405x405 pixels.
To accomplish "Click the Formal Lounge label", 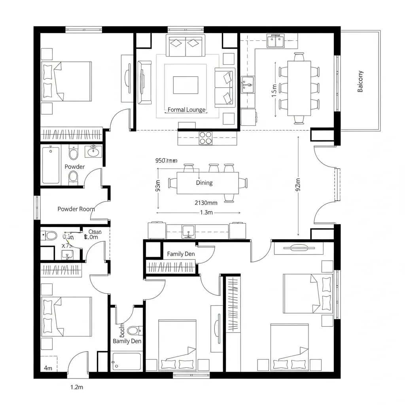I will click(x=187, y=110).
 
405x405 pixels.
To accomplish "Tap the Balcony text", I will click(x=360, y=81).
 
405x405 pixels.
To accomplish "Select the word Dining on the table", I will click(x=204, y=183).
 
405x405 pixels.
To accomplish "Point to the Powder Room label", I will click(x=76, y=209).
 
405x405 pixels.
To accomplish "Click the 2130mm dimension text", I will click(x=206, y=203).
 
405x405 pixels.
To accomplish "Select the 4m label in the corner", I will click(x=48, y=368).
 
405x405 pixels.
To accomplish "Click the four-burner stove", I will click(x=206, y=138).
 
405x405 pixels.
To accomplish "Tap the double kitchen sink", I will click(x=275, y=40).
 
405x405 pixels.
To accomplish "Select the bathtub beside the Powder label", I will click(x=51, y=165).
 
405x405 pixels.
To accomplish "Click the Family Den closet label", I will click(x=181, y=254).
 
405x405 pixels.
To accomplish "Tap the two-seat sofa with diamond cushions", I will click(x=186, y=45).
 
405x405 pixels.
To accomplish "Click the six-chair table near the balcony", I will click(x=299, y=87).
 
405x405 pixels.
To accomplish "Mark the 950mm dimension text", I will click(x=166, y=161).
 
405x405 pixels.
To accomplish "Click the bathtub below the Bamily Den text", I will click(x=127, y=361).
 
